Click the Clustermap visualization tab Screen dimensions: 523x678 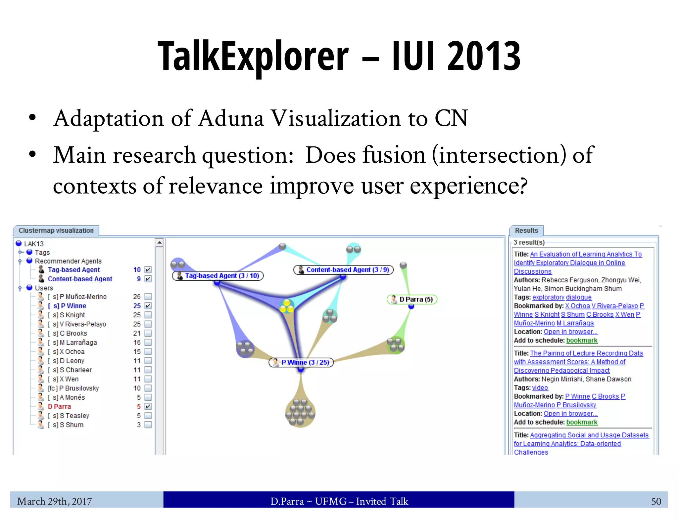coord(56,230)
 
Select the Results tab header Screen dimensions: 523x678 coord(526,230)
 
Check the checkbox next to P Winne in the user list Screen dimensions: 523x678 coord(148,306)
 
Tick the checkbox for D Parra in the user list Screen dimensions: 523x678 coord(148,406)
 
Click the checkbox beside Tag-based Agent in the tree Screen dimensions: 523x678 coord(148,270)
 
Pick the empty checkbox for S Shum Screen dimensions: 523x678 coord(148,424)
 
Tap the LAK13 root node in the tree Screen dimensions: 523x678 coord(33,244)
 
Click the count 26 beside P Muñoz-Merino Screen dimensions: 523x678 coord(137,297)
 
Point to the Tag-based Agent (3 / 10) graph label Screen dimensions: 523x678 coord(218,276)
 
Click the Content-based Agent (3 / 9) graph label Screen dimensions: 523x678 coord(344,270)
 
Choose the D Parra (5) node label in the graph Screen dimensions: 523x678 coord(412,300)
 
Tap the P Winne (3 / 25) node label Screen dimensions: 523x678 coord(301,362)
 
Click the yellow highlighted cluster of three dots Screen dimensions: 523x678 coord(286,306)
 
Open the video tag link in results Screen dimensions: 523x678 coord(540,388)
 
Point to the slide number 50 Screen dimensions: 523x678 coord(656,502)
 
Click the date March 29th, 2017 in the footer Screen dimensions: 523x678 coord(55,502)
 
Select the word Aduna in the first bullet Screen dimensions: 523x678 coord(231,118)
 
